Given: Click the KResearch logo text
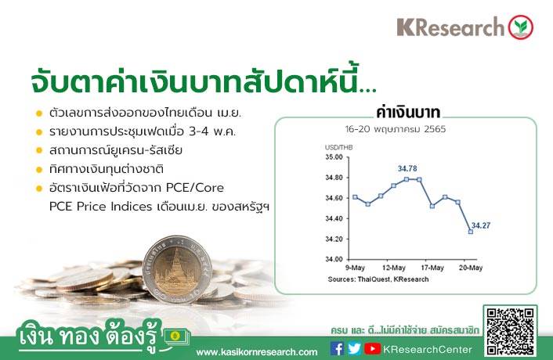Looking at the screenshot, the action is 450,27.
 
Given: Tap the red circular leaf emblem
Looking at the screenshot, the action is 521,27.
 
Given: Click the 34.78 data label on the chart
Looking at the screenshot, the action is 407,169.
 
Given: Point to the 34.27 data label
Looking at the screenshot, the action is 481,225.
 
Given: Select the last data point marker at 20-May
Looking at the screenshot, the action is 471,232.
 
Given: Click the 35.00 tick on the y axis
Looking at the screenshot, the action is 334,157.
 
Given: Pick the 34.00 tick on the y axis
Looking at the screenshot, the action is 334,259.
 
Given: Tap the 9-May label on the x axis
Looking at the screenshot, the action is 355,268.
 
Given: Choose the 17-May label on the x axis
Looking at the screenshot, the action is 432,268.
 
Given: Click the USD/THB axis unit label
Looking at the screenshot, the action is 338,147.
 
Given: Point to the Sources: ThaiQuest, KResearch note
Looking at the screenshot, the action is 378,279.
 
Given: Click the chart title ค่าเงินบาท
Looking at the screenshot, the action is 408,113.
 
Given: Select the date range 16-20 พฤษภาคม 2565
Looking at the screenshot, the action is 396,129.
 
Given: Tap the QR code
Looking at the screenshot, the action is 510,331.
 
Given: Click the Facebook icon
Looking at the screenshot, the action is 337,349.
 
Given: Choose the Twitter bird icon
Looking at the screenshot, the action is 354,349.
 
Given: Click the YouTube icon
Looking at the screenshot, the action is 372,349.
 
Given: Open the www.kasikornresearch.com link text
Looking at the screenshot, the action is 257,352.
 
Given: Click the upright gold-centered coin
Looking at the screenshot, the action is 177,270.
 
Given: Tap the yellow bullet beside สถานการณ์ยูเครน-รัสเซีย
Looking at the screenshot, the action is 39,150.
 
